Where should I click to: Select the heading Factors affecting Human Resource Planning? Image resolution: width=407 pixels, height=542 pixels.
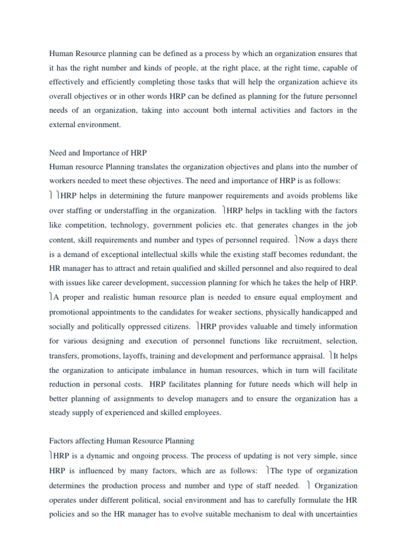pyautogui.click(x=121, y=440)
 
